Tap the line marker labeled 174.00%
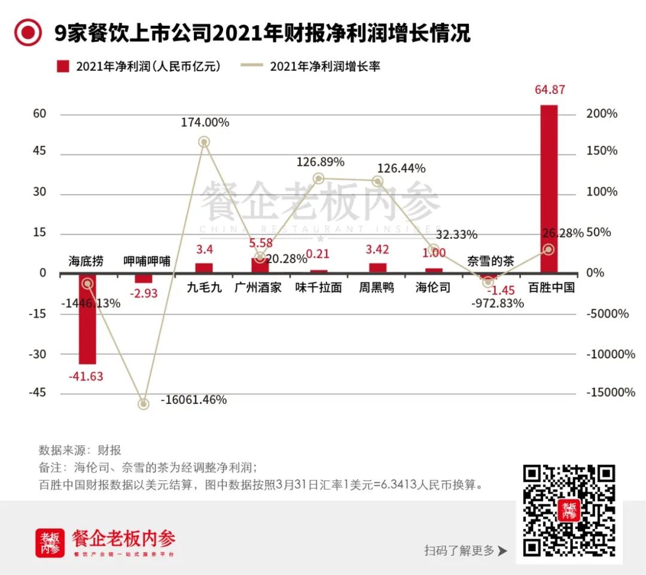click(x=204, y=142)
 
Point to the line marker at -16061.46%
click(x=144, y=404)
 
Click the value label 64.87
click(x=549, y=90)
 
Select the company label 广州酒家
click(x=258, y=287)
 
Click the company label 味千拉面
click(x=319, y=287)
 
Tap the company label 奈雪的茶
click(x=490, y=261)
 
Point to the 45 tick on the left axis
click(x=39, y=151)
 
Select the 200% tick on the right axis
click(x=602, y=114)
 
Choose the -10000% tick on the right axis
click(x=610, y=354)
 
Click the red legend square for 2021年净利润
click(x=63, y=66)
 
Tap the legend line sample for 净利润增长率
click(x=251, y=66)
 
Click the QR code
click(x=569, y=510)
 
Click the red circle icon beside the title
click(x=28, y=33)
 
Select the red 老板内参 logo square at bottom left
click(x=50, y=543)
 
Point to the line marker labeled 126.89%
click(x=319, y=178)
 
